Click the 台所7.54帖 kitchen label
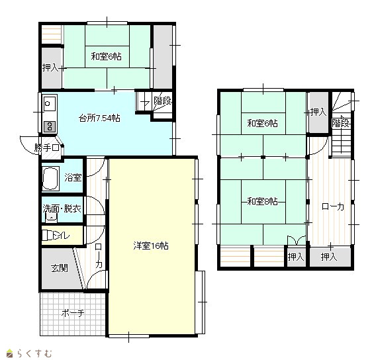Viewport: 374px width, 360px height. click(99, 118)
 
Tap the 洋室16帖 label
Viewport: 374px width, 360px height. click(151, 246)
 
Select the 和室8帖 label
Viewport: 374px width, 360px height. click(262, 201)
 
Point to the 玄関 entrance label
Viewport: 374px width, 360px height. click(60, 268)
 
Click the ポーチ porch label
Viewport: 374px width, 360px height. click(73, 313)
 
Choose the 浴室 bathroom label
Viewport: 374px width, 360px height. click(73, 177)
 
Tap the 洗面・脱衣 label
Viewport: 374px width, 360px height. click(62, 209)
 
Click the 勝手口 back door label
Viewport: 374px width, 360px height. click(46, 148)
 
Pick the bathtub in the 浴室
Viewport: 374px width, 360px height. click(50, 178)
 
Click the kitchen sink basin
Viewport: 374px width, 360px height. click(50, 104)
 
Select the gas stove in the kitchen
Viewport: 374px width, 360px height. click(50, 126)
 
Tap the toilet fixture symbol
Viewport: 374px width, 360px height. click(47, 235)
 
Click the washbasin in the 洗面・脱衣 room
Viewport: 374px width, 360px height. click(51, 218)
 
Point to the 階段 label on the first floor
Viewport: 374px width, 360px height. click(163, 101)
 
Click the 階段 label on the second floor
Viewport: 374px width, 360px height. click(341, 123)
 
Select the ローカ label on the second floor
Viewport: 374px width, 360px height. click(333, 206)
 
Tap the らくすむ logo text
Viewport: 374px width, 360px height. click(34, 353)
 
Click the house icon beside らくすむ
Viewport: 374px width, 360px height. click(10, 353)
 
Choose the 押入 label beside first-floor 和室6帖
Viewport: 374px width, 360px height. click(50, 68)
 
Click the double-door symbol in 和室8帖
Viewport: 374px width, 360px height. click(297, 240)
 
